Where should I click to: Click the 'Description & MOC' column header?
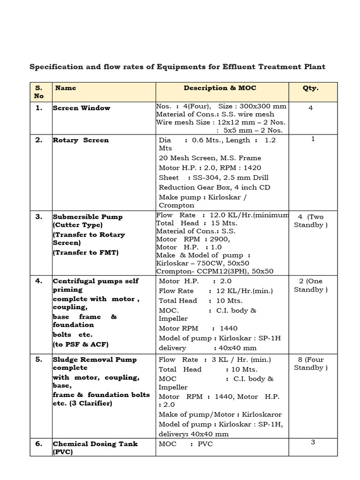coord(220,88)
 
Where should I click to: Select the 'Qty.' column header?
coord(310,88)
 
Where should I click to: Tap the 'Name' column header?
coord(66,88)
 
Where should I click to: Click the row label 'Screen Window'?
coord(82,108)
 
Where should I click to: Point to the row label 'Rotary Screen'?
coord(81,140)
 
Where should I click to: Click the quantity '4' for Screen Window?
coord(310,108)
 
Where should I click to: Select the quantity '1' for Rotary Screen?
coord(313,139)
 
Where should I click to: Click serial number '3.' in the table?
coord(39,217)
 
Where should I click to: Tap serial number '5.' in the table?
coord(39,360)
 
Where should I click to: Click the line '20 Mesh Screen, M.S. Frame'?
coord(210,158)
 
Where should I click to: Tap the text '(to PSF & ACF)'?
coord(80,345)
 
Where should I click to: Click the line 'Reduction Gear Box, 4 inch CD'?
coord(214,187)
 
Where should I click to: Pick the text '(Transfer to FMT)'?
coord(86,253)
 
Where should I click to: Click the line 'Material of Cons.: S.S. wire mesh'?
coord(215,114)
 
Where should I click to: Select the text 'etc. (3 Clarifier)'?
coord(82,403)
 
